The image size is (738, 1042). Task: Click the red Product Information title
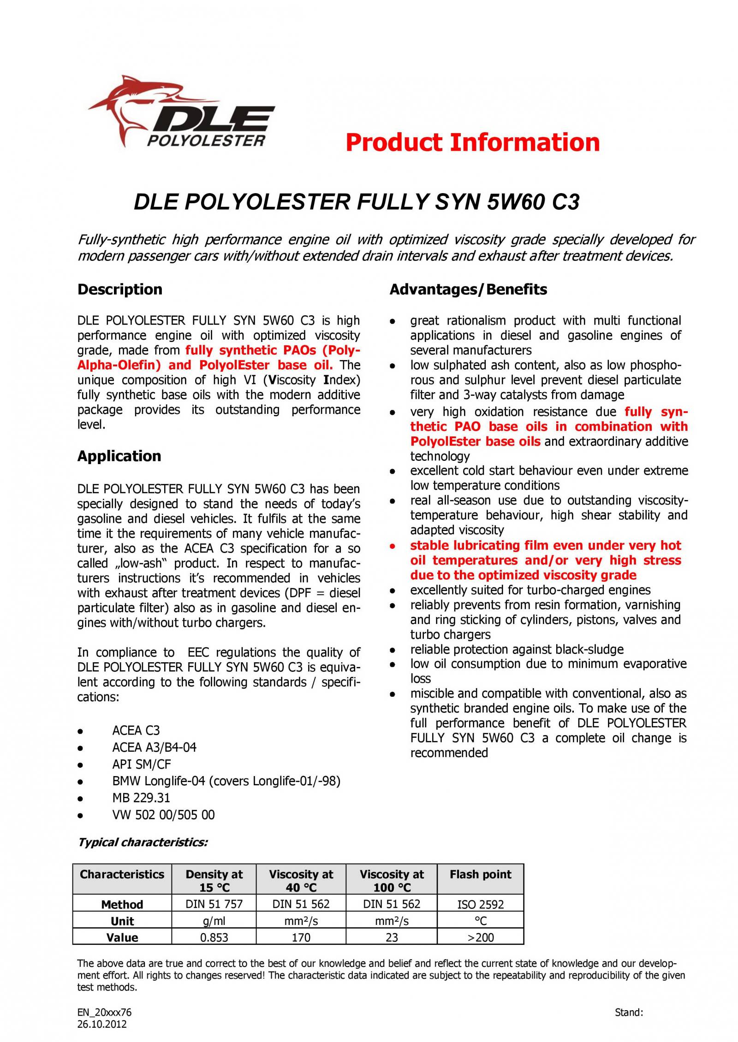472,142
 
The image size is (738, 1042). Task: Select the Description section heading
120,289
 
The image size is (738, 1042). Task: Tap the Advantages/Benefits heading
468,289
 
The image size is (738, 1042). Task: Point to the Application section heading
119,456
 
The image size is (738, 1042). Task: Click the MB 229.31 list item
141,798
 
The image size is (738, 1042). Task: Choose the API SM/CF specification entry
141,765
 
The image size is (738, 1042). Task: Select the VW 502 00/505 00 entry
163,815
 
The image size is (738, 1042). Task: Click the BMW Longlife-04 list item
226,781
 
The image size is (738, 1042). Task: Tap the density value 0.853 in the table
214,937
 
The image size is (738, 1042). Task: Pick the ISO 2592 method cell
480,905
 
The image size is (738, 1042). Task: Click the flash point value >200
480,937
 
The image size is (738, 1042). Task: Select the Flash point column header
480,875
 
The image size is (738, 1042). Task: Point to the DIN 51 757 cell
214,904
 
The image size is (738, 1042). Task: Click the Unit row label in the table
122,921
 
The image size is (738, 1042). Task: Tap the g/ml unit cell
214,921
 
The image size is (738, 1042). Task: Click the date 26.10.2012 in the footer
101,1024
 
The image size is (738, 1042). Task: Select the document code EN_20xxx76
104,1013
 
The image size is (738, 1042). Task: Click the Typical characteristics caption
143,842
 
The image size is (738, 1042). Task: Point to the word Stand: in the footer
629,1013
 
